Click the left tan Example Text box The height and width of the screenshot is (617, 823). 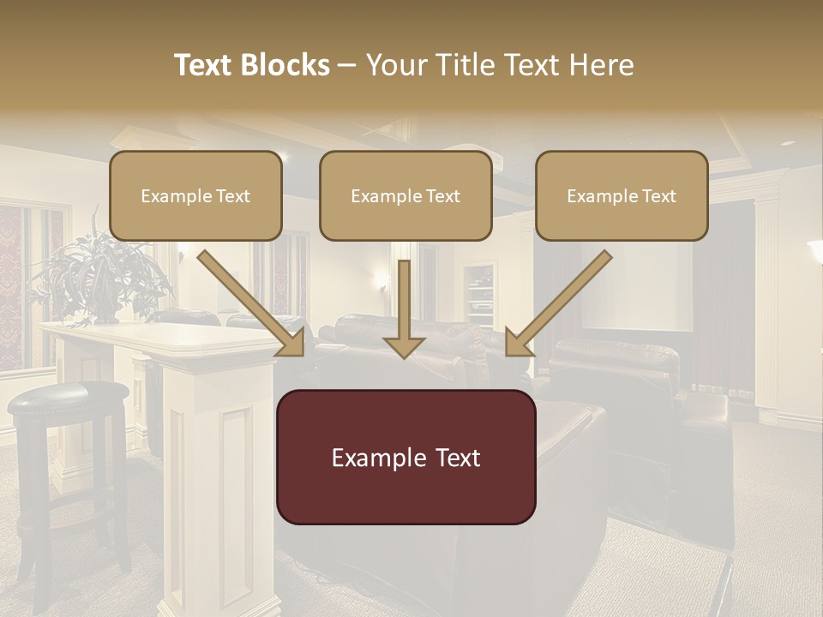pyautogui.click(x=195, y=195)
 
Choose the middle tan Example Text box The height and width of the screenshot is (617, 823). pyautogui.click(x=405, y=195)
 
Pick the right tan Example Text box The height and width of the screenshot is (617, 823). pyautogui.click(x=622, y=195)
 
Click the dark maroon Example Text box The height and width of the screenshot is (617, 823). pyautogui.click(x=406, y=457)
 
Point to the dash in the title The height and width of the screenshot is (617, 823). pyautogui.click(x=347, y=65)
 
